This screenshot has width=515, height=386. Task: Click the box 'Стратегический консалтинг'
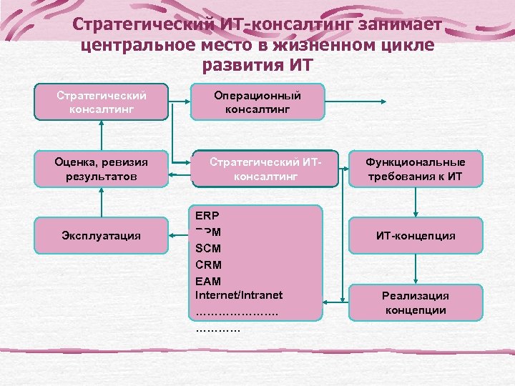(x=102, y=102)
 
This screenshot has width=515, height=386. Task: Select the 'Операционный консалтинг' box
(x=257, y=102)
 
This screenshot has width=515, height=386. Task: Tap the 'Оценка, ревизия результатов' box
(x=102, y=169)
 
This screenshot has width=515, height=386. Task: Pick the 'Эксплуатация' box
(x=102, y=234)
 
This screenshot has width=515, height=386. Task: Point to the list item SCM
(x=208, y=249)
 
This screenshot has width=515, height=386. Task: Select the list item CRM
(x=208, y=265)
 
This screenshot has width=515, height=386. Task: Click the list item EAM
(x=208, y=281)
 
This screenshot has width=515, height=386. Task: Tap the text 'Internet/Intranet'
(x=239, y=295)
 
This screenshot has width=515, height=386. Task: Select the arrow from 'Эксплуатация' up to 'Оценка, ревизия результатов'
(x=102, y=207)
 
